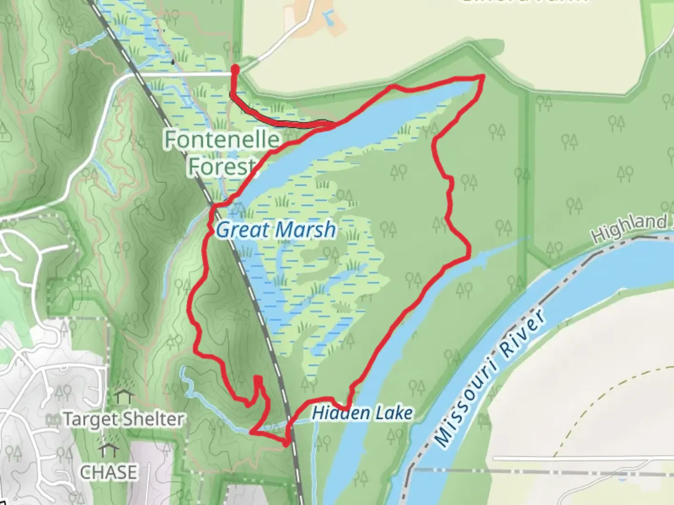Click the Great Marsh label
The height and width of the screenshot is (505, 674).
[276, 230]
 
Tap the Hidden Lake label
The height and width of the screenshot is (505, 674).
[363, 413]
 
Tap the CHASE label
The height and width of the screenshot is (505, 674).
[109, 472]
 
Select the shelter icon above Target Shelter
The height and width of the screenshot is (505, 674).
[124, 397]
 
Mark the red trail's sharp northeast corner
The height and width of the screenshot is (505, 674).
[482, 76]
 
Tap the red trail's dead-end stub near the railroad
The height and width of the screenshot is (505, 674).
[257, 379]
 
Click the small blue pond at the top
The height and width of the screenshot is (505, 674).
[329, 18]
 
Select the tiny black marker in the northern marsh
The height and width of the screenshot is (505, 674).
[173, 61]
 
